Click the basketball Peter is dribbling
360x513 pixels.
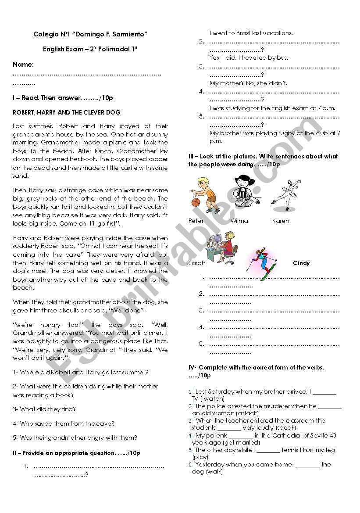coord(196,202)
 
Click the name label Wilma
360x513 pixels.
coord(239,221)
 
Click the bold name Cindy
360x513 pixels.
coord(301,263)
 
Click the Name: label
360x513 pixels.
coord(23,65)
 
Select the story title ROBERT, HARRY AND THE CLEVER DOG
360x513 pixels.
coord(67,112)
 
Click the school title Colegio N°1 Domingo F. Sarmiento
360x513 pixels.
coord(90,34)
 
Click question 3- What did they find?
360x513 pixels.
coord(44,409)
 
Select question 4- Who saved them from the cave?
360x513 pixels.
coord(64,423)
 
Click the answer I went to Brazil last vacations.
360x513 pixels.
coord(251,33)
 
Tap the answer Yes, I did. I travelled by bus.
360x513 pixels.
coord(249,57)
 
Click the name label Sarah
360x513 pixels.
coord(196,263)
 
